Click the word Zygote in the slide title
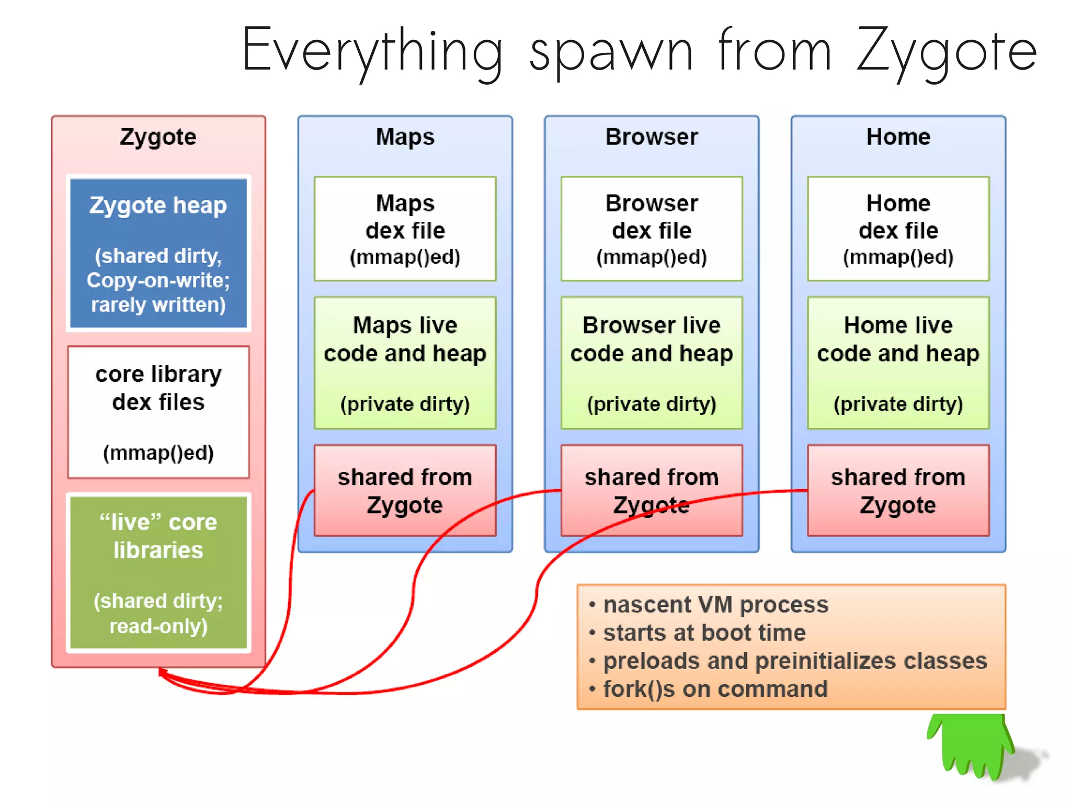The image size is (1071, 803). coord(947,52)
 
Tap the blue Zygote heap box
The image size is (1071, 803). coord(158,254)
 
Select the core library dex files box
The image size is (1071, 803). coord(158,412)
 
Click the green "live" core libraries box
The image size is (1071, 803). coord(158,573)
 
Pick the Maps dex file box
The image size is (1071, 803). coord(405,229)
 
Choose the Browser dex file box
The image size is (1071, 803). coord(652,229)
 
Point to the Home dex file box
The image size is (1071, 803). coord(898,229)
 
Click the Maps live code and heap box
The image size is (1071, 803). coord(405,363)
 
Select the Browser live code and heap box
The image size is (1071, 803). coord(652,363)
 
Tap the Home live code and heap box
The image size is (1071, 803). coord(898,363)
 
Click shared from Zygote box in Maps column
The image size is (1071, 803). coord(405,491)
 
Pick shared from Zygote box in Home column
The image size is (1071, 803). coord(898,491)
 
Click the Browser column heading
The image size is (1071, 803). coord(652,137)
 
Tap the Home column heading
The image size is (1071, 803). coord(898,137)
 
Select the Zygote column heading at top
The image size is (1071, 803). coord(158,137)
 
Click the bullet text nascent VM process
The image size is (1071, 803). coord(715,605)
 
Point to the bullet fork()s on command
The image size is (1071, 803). coord(715,689)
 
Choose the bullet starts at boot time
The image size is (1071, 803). coord(704,633)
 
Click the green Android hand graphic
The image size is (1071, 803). coord(970,745)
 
